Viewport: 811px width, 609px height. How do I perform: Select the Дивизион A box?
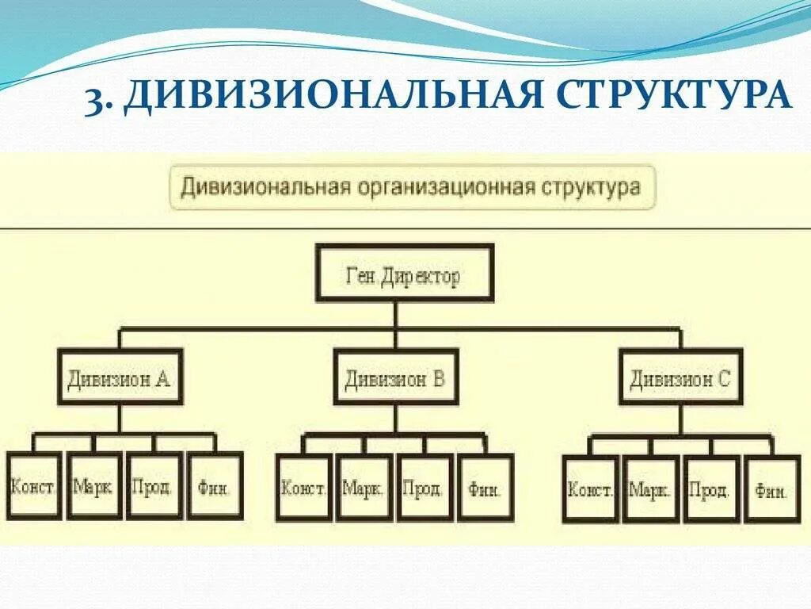[x=119, y=377]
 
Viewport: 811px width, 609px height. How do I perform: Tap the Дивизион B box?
[x=395, y=377]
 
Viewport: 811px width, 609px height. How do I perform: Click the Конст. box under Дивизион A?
[x=33, y=485]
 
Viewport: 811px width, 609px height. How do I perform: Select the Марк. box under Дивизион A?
[x=93, y=485]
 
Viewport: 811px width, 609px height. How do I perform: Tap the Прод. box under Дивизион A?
[x=154, y=485]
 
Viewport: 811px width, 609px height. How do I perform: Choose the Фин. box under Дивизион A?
[x=215, y=485]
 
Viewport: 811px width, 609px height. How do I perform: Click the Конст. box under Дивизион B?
[x=303, y=488]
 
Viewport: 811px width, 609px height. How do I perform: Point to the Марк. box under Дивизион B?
[x=364, y=488]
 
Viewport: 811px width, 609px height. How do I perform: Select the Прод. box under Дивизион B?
[x=424, y=488]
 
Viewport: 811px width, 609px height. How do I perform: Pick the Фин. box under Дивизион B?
[x=485, y=488]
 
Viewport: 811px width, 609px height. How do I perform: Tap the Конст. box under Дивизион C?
[x=590, y=489]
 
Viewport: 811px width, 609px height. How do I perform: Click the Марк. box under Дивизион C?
[x=650, y=489]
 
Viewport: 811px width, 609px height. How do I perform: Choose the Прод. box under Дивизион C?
[x=711, y=489]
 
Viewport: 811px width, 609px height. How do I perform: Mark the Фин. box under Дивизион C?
[x=771, y=489]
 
